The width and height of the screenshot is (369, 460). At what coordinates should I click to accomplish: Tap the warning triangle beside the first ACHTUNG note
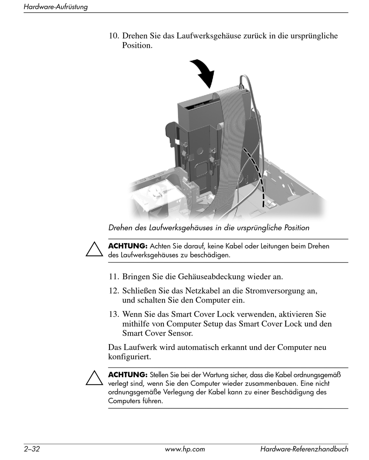tap(94, 249)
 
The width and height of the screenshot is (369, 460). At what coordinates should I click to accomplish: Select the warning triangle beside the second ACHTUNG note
tap(94, 378)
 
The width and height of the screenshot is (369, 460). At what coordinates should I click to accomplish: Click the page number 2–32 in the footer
tap(32, 449)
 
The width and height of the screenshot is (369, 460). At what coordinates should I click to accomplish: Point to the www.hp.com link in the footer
tap(185, 449)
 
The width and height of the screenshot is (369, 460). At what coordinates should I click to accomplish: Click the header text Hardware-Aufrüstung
tap(56, 7)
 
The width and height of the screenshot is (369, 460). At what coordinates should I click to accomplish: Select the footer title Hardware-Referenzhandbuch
tap(304, 449)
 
